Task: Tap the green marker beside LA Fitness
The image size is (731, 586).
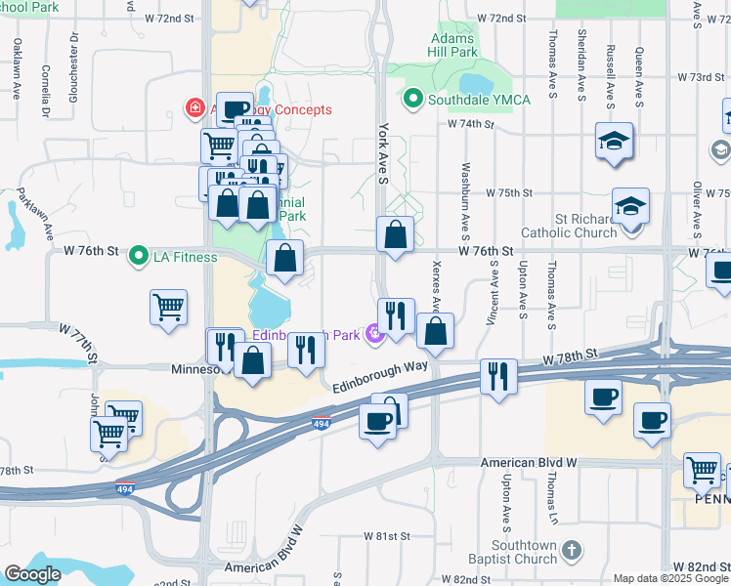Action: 138,258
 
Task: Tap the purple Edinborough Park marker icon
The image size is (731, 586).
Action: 372,337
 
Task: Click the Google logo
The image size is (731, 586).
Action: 32,573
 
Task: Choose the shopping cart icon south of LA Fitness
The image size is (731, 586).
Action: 169,306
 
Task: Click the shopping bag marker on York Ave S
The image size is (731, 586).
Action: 395,235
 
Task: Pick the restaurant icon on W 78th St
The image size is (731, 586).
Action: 498,375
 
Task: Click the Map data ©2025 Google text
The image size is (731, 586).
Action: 670,578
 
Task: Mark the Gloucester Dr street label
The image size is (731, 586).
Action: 74,67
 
